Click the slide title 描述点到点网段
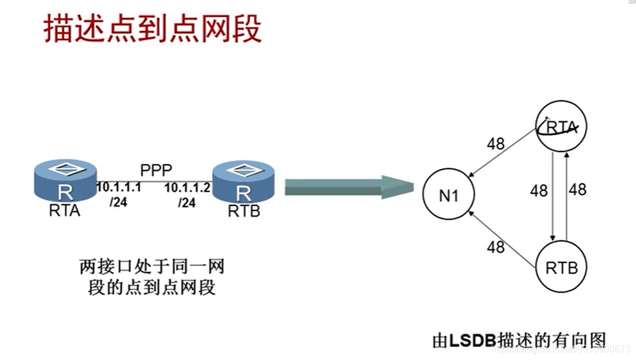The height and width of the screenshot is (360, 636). (153, 30)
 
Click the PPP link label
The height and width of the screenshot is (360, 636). (156, 170)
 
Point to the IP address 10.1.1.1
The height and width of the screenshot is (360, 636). (118, 188)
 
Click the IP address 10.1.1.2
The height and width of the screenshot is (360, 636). (188, 188)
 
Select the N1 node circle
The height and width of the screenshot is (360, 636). (449, 196)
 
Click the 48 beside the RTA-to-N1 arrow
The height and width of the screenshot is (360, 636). (496, 143)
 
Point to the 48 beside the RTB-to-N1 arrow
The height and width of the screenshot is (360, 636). (496, 246)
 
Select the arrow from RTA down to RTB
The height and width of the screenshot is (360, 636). (553, 196)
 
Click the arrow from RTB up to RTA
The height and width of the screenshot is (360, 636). (567, 196)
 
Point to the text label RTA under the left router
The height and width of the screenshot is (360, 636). (64, 211)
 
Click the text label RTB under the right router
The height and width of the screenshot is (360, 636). (243, 211)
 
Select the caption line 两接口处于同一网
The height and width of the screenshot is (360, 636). (152, 267)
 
